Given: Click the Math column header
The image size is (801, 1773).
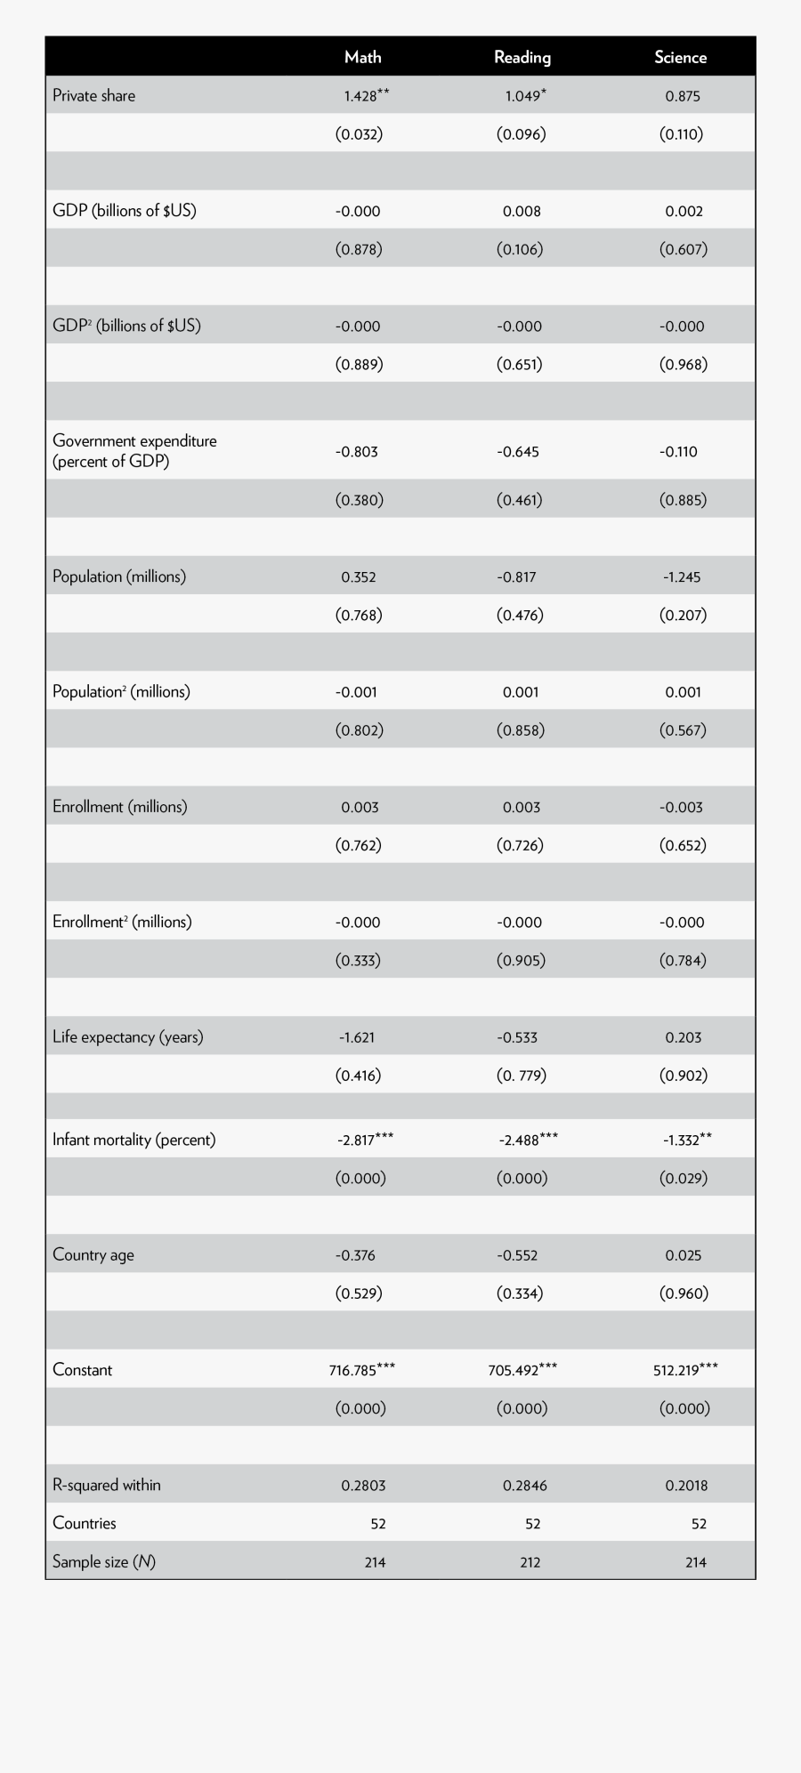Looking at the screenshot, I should [x=362, y=57].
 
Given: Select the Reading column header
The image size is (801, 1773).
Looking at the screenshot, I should [x=522, y=57].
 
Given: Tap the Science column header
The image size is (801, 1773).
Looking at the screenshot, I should [x=681, y=57].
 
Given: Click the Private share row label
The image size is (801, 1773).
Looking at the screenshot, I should [x=93, y=96].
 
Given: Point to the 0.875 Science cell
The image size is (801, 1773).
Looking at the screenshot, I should [x=683, y=96].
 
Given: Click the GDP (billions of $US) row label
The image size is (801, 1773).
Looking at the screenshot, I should [x=125, y=211].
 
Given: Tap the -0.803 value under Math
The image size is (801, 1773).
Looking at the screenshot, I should [x=357, y=452].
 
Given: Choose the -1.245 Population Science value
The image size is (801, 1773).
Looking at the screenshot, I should [x=682, y=577].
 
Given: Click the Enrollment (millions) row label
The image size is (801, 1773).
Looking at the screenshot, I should [x=120, y=807].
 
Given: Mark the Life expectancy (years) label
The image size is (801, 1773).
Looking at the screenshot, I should [x=128, y=1037].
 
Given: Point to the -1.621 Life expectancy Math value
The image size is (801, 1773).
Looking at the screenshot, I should [x=357, y=1037].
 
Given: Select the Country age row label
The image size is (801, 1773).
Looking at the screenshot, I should [x=93, y=1255].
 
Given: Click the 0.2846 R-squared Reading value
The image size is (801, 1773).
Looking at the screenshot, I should [x=521, y=1485].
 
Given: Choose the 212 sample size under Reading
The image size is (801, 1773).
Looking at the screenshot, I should [x=530, y=1562].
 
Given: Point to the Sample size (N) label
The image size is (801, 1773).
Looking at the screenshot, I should [x=104, y=1562].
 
